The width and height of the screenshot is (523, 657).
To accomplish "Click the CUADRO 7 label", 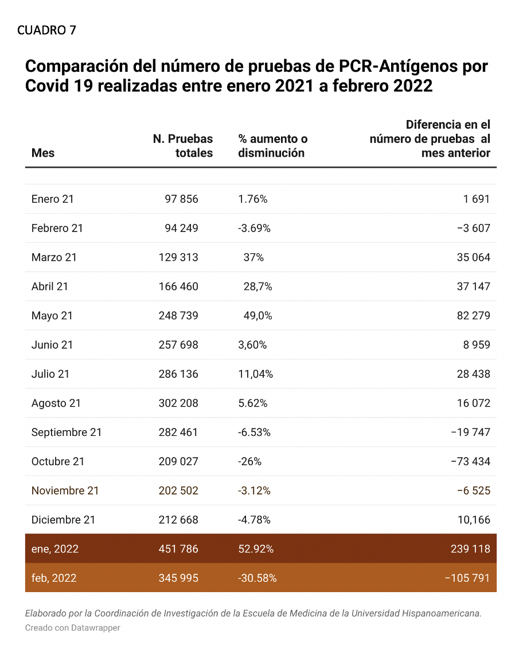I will (46, 30).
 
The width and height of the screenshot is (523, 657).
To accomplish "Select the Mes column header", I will (43, 153).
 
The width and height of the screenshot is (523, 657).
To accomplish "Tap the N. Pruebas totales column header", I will (183, 146).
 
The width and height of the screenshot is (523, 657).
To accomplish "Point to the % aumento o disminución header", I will (272, 146).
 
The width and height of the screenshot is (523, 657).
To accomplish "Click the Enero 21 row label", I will (52, 199).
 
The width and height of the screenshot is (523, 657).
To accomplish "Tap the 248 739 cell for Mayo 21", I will (178, 316).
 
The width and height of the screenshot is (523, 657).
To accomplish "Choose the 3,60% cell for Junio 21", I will (252, 345).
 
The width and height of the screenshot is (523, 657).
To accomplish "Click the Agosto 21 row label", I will (56, 404).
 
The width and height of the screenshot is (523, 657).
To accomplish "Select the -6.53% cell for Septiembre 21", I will (254, 432).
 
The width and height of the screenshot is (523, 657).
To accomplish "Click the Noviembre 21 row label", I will (65, 491).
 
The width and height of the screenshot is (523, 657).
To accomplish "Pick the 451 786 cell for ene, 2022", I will (178, 550).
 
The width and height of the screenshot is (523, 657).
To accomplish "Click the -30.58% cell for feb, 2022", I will (257, 578).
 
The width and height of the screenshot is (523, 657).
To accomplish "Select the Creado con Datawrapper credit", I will (73, 628).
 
